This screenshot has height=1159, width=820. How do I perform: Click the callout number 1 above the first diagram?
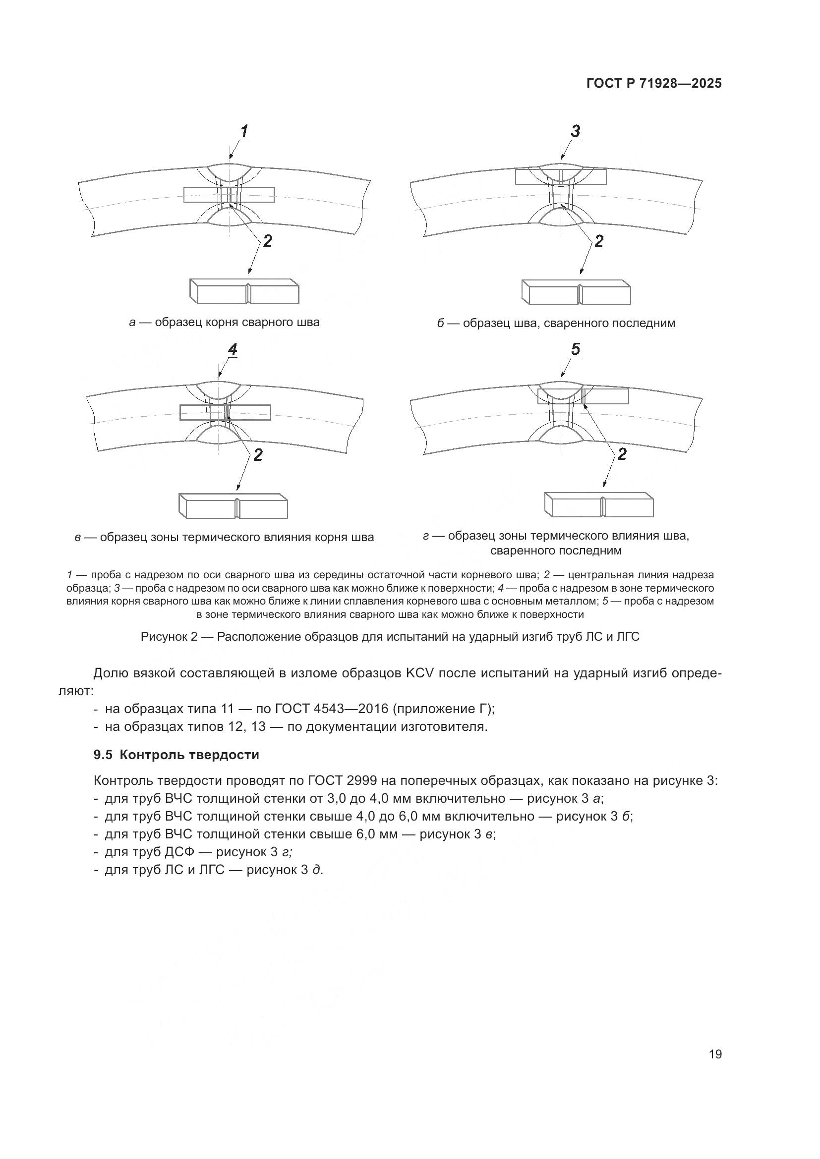click(x=244, y=132)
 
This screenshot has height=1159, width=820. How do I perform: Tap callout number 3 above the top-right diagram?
click(x=575, y=132)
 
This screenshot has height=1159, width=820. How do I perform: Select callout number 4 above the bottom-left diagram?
click(x=232, y=349)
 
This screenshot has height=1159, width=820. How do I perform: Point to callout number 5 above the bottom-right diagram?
click(x=576, y=349)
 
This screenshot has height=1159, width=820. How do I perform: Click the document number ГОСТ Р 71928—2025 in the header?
click(x=654, y=84)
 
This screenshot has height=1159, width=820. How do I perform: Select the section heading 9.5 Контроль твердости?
click(x=176, y=755)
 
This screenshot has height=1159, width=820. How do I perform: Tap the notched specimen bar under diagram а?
click(x=244, y=291)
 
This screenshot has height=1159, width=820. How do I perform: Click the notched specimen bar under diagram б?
click(x=576, y=292)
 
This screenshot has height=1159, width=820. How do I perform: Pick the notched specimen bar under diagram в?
click(x=234, y=506)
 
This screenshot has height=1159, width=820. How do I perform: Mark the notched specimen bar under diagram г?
click(x=599, y=505)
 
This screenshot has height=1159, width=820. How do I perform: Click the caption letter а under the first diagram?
click(x=132, y=323)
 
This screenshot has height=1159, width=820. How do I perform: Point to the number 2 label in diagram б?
click(x=599, y=241)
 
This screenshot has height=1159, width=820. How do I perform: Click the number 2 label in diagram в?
click(x=258, y=455)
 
